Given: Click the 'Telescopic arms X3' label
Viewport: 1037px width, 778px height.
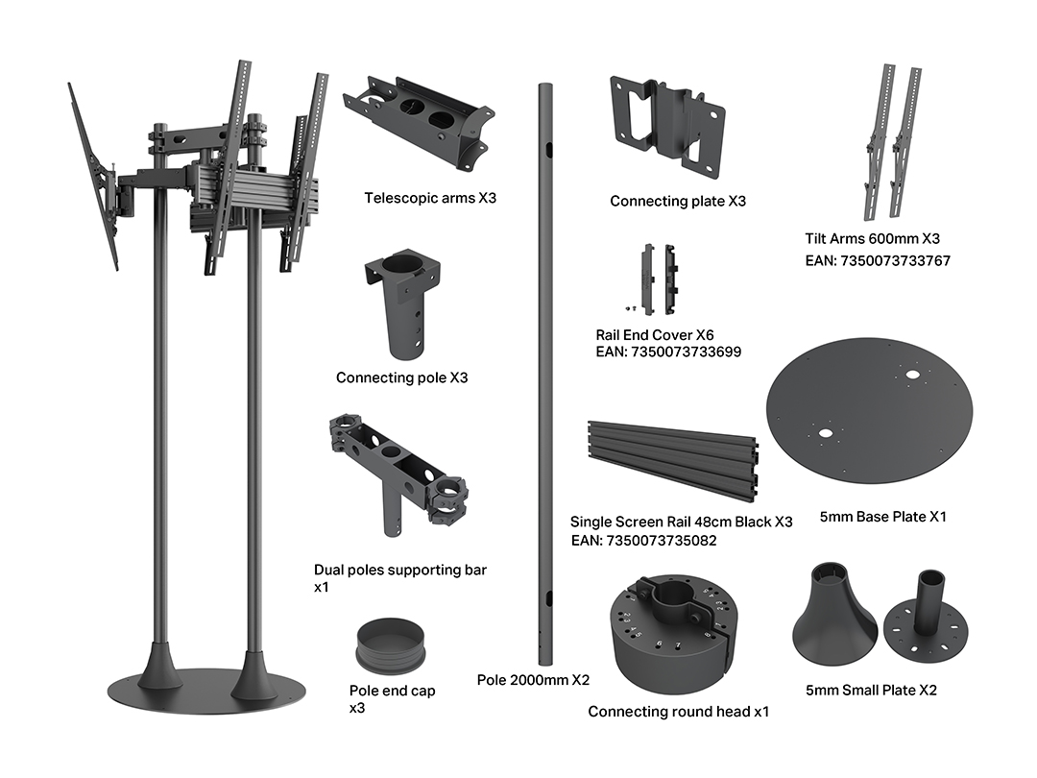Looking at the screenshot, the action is click(430, 198).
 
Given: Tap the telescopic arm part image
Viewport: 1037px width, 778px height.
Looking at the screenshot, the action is click(419, 123).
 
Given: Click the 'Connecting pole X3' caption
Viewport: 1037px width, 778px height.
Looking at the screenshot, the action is click(401, 377).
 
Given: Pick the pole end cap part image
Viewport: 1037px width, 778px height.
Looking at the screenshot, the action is click(390, 645).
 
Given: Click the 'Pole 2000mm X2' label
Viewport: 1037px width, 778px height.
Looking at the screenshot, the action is click(533, 680).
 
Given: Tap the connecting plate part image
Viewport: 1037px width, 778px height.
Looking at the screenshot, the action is click(667, 127).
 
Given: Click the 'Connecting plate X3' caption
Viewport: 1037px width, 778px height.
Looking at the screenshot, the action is click(678, 201).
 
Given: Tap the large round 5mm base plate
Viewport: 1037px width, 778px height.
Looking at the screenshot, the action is click(869, 411).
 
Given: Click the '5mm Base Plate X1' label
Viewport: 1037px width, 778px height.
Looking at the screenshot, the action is click(883, 517).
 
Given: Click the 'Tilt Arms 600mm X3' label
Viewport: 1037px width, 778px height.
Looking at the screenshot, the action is click(872, 239).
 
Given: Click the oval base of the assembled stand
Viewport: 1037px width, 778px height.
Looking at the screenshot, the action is click(207, 692).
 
